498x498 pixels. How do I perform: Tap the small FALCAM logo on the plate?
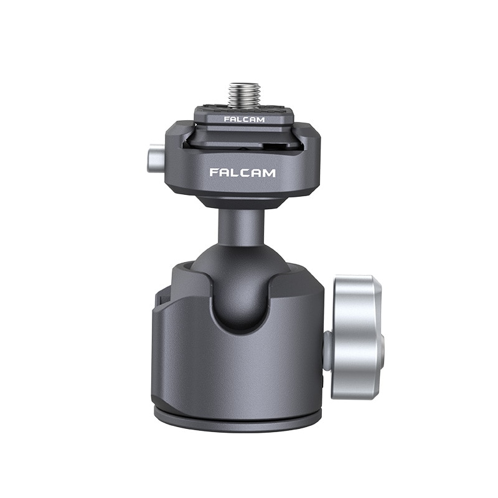point(244,120)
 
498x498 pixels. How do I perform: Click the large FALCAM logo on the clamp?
point(242,173)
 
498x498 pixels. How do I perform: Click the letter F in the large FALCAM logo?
point(214,173)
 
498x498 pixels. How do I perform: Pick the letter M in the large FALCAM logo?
point(270,173)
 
